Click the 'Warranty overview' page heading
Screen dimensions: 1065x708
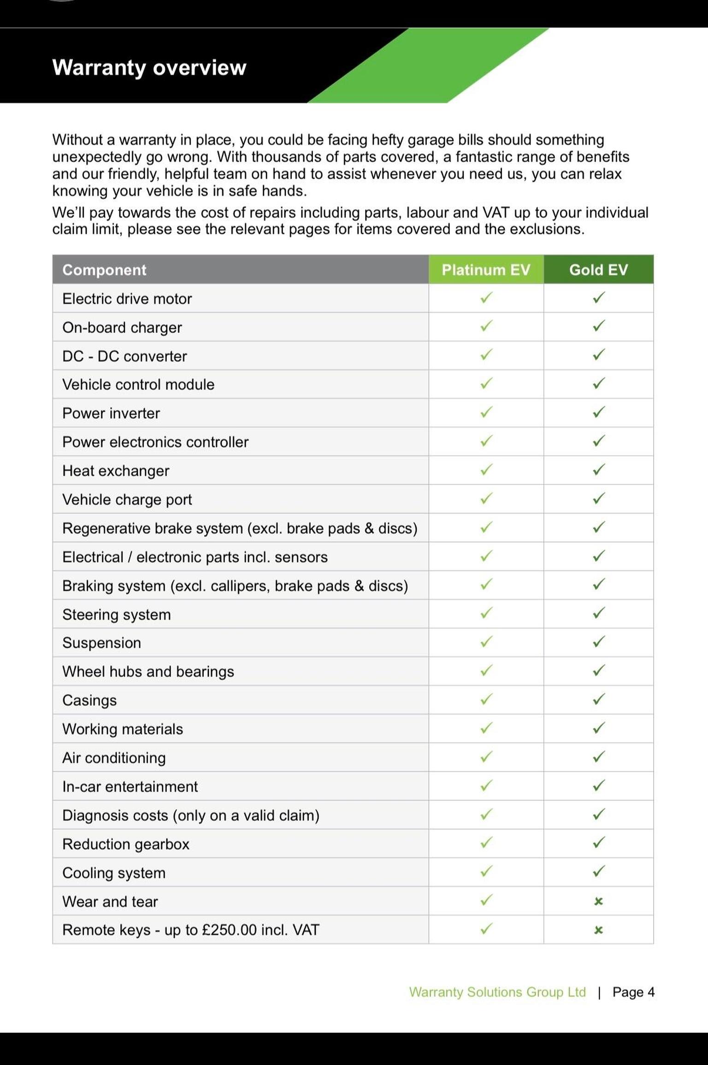click(x=149, y=68)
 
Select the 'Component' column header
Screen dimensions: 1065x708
click(x=104, y=270)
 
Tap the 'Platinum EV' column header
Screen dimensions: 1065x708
click(x=486, y=270)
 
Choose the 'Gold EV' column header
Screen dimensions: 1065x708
click(x=598, y=270)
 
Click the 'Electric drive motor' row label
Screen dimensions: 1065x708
click(x=127, y=299)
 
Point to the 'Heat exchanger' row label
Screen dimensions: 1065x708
click(x=116, y=471)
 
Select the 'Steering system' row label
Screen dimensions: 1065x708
click(x=117, y=615)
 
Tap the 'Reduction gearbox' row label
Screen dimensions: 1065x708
click(x=126, y=844)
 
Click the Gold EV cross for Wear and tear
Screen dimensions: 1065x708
click(x=598, y=901)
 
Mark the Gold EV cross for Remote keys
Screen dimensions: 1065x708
click(x=598, y=930)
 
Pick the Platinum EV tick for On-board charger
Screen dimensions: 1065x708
click(x=486, y=326)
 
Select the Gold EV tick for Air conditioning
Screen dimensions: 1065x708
click(x=598, y=757)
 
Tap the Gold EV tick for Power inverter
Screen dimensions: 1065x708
click(x=598, y=412)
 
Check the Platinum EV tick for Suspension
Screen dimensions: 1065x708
click(x=486, y=641)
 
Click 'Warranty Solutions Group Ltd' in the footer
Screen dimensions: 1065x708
click(x=497, y=992)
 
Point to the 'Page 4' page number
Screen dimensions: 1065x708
click(x=633, y=992)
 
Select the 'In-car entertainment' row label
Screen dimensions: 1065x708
click(x=130, y=787)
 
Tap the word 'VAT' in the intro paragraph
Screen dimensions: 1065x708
click(x=496, y=213)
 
